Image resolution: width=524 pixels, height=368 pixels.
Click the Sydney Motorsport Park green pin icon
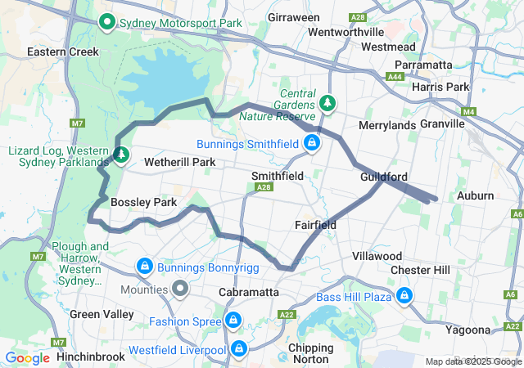click(x=106, y=22)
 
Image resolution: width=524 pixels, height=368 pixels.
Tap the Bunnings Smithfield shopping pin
click(x=311, y=144)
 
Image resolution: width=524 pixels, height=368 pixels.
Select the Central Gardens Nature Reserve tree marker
click(x=328, y=103)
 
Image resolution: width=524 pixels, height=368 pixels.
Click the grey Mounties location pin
click(x=180, y=289)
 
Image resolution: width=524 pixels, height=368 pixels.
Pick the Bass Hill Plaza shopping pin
click(x=404, y=295)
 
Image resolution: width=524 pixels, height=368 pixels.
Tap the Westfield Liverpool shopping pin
click(x=239, y=350)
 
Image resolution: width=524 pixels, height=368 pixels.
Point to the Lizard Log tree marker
click(x=121, y=154)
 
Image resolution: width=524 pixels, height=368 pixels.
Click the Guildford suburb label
click(x=383, y=177)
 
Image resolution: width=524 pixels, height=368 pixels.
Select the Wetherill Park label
click(x=179, y=162)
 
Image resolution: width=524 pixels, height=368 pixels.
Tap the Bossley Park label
click(x=143, y=202)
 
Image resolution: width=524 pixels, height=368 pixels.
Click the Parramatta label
click(x=423, y=65)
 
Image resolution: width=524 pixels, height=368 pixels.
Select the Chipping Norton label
click(x=310, y=354)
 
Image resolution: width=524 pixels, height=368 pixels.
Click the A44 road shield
click(x=396, y=77)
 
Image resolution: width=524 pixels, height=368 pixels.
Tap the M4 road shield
click(x=468, y=112)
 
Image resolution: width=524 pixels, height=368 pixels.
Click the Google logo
click(x=27, y=357)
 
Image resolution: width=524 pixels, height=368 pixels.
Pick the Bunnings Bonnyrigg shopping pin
click(x=144, y=266)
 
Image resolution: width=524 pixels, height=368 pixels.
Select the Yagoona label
click(x=469, y=330)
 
